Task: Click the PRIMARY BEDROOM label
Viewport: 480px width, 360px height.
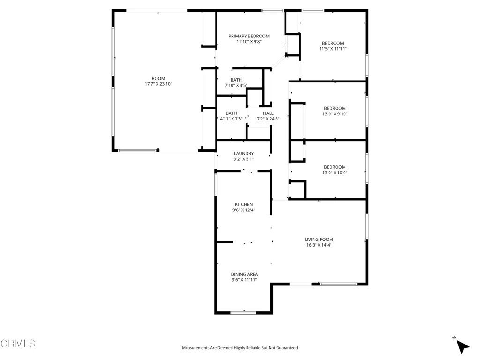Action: [x=249, y=36]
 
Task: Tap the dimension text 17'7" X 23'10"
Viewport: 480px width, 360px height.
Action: [x=158, y=84]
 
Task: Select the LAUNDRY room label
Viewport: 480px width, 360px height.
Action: [x=244, y=153]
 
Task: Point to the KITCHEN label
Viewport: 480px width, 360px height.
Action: [x=244, y=204]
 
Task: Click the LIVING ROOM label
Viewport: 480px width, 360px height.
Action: [x=319, y=240]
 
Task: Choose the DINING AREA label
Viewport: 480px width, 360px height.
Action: [x=244, y=274]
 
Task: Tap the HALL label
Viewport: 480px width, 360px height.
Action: [x=268, y=113]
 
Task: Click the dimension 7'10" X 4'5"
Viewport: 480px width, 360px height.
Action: [x=236, y=86]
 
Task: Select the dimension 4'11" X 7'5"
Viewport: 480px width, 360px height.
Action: [x=231, y=119]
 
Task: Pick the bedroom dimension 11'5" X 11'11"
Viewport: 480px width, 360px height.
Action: [x=333, y=49]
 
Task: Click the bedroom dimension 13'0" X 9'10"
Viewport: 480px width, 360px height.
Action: [x=335, y=114]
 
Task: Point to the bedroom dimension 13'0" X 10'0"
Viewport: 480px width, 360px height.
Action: [x=335, y=172]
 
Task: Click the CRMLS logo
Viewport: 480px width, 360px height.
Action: [x=18, y=344]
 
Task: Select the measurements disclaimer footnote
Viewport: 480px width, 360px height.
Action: [x=240, y=348]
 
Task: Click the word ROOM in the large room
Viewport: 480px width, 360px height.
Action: [x=158, y=78]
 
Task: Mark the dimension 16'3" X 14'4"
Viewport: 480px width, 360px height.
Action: [x=319, y=245]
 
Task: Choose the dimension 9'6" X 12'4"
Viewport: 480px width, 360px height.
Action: [x=244, y=210]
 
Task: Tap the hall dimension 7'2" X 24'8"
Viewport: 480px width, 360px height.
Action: [x=268, y=119]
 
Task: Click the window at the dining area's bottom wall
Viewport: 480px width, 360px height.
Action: [x=243, y=312]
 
